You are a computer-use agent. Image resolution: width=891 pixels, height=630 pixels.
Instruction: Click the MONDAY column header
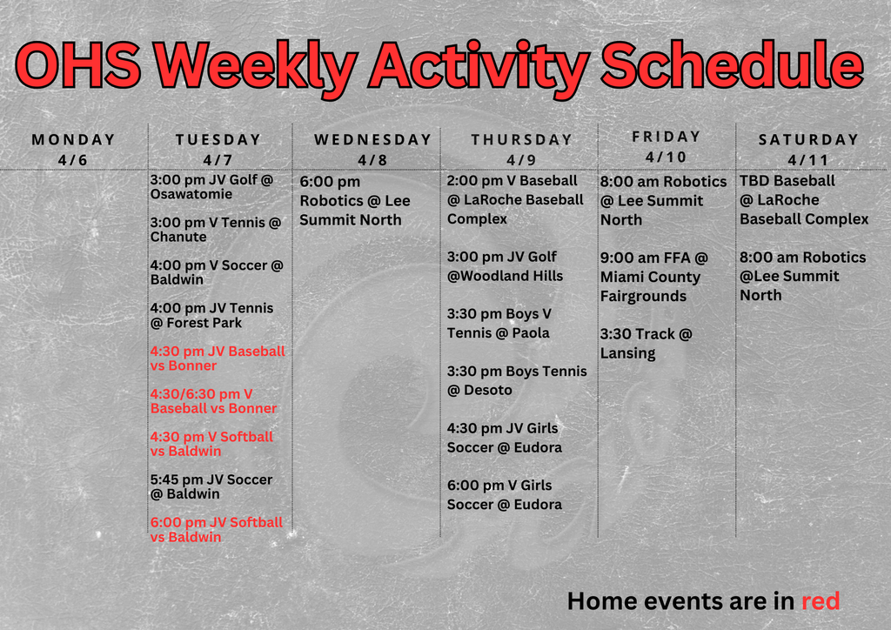pyautogui.click(x=73, y=139)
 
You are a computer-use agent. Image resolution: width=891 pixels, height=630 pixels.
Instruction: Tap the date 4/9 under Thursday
pyautogui.click(x=521, y=159)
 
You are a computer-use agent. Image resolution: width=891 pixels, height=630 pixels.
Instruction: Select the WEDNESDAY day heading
pyautogui.click(x=372, y=139)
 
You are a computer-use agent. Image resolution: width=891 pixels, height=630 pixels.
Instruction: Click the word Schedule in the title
pyautogui.click(x=732, y=66)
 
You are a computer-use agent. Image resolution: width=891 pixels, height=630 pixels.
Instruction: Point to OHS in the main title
pyautogui.click(x=77, y=66)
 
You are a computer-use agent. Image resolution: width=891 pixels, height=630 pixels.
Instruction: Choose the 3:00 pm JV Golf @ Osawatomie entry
pyautogui.click(x=211, y=187)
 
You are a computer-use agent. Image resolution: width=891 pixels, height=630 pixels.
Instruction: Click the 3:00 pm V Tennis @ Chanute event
pyautogui.click(x=215, y=230)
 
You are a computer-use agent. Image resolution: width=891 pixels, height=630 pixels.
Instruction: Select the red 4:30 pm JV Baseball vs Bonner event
pyautogui.click(x=218, y=359)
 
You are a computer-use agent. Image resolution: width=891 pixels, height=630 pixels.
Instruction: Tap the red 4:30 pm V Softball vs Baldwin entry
pyautogui.click(x=211, y=444)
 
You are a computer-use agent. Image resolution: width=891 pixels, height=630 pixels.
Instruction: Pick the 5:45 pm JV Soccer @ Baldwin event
pyautogui.click(x=211, y=486)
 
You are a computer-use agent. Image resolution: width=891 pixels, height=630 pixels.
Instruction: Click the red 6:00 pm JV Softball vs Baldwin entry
pyautogui.click(x=216, y=529)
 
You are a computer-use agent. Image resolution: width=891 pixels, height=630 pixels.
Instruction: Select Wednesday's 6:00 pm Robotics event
pyautogui.click(x=354, y=201)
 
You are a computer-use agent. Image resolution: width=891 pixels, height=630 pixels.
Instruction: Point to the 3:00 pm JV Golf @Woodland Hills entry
pyautogui.click(x=505, y=266)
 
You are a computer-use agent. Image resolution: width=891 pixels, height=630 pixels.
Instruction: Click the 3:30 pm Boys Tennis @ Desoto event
pyautogui.click(x=517, y=380)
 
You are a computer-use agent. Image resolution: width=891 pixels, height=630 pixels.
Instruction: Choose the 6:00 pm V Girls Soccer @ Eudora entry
pyautogui.click(x=505, y=494)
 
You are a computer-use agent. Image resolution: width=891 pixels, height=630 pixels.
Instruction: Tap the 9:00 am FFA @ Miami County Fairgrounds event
pyautogui.click(x=653, y=277)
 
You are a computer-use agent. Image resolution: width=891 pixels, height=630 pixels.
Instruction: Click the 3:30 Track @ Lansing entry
pyautogui.click(x=646, y=343)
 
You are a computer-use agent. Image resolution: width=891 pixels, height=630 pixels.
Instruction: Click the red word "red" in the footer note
pyautogui.click(x=820, y=600)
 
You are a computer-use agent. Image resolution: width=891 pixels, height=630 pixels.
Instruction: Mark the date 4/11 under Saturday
pyautogui.click(x=807, y=159)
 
